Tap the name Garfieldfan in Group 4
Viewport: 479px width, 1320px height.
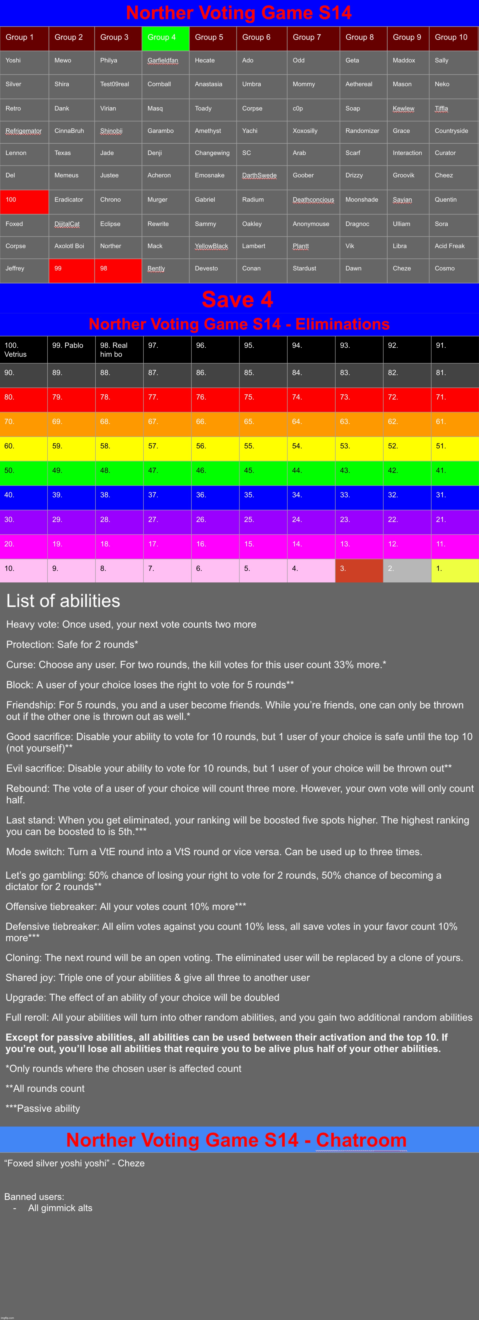163,60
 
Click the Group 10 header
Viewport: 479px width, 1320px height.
451,37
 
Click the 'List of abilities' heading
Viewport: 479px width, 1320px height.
63,601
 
